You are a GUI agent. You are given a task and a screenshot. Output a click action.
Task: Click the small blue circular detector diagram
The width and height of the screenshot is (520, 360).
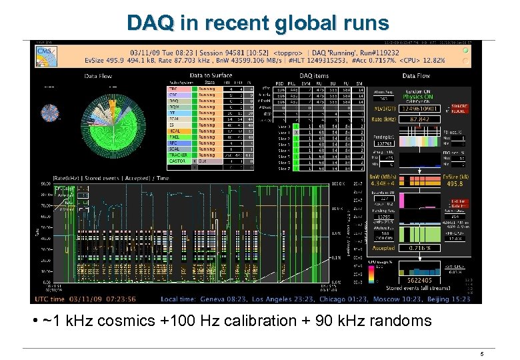click(x=49, y=114)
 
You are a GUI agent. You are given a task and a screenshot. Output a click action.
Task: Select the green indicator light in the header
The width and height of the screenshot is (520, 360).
click(x=467, y=50)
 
